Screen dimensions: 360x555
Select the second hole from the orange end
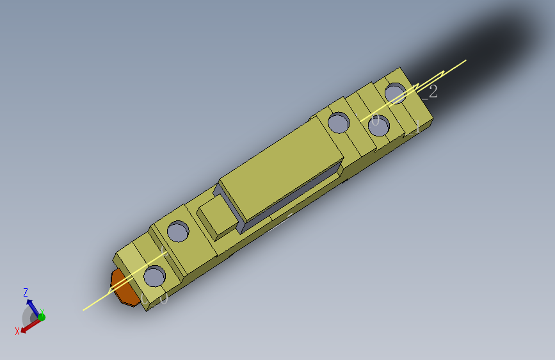(177, 231)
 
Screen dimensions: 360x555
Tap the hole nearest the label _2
(396, 93)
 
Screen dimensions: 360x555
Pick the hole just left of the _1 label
(378, 126)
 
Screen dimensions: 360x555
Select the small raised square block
(216, 215)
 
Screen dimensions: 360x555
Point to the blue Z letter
(26, 293)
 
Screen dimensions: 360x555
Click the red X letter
(17, 331)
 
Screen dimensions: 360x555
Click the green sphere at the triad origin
(41, 317)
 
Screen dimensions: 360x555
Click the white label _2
(430, 92)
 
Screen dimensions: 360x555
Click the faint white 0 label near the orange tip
(163, 299)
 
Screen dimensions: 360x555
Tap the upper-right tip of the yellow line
(465, 61)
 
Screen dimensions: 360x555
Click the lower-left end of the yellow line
(83, 310)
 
